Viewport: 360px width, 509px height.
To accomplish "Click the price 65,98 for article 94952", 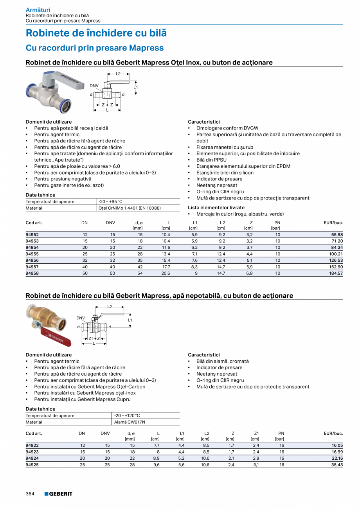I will [x=337, y=235].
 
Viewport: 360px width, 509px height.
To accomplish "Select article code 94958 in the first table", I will [x=32, y=273].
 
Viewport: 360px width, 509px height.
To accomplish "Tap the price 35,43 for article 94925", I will [x=337, y=465].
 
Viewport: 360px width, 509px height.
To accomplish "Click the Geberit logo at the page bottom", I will [x=58, y=494].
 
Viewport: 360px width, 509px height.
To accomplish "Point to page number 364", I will [x=30, y=494].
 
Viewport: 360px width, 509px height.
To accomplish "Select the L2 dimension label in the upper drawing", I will [x=118, y=73].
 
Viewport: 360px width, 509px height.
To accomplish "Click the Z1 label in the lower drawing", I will [x=91, y=338].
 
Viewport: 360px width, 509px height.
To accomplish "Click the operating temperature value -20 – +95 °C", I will [x=110, y=201].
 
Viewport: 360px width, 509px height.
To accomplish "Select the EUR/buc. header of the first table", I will [x=333, y=223].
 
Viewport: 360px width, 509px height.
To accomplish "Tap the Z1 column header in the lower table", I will [x=256, y=433].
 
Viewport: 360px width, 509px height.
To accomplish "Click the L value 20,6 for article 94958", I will [x=166, y=273].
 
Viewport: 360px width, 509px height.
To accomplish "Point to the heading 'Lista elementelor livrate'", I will [x=216, y=207].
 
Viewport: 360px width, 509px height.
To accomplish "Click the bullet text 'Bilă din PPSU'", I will [x=211, y=160].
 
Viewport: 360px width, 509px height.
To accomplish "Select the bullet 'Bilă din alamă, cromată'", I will [x=222, y=361].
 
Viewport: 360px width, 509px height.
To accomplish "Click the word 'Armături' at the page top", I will [x=38, y=10].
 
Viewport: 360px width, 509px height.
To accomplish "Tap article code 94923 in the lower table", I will [x=32, y=452].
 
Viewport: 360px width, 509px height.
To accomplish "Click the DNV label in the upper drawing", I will [x=94, y=86].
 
